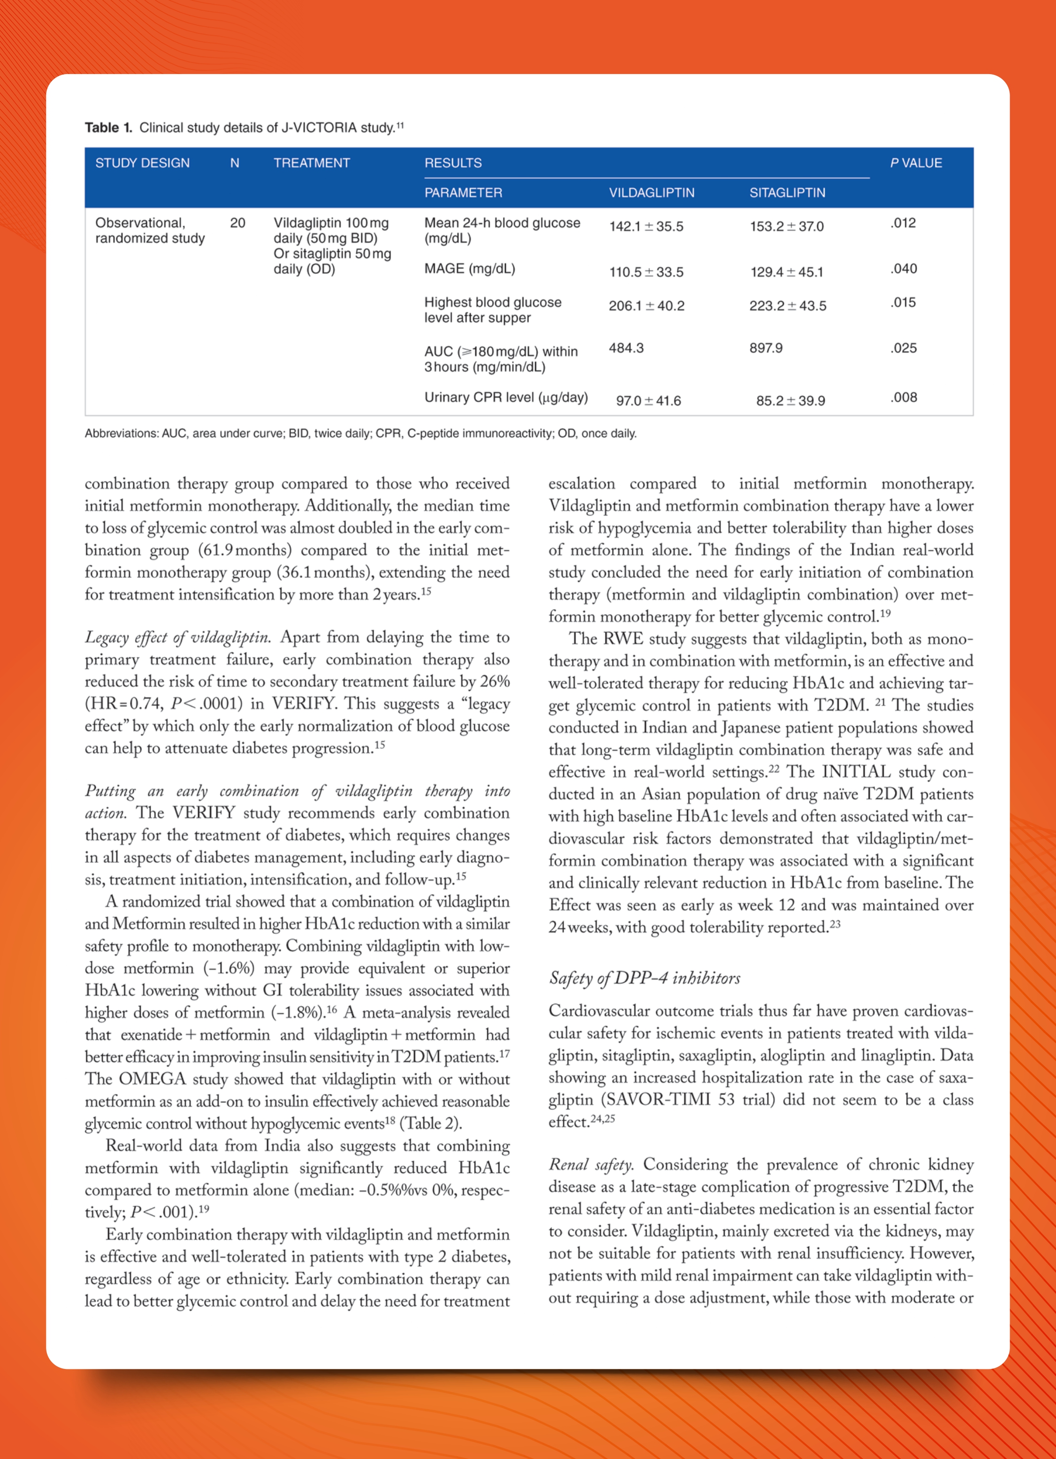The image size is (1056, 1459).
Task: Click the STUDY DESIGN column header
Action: tap(142, 163)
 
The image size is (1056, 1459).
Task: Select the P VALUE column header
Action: tap(916, 163)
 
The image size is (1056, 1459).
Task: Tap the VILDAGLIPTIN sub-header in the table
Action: tap(651, 192)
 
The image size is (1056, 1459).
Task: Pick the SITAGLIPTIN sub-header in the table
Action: tap(787, 192)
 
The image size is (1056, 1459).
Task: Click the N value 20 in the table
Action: tap(237, 222)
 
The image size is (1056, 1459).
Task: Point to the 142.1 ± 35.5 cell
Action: tap(646, 227)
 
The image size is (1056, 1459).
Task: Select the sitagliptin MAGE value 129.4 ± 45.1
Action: tap(787, 272)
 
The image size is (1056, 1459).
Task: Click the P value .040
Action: tap(903, 268)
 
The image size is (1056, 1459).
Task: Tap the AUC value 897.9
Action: tap(766, 348)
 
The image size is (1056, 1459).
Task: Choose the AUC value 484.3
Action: tap(626, 348)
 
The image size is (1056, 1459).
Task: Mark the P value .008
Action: tap(903, 397)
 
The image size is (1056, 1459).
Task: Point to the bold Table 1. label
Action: tap(108, 128)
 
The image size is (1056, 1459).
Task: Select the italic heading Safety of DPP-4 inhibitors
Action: tap(644, 978)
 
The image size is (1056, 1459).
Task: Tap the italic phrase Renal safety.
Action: tap(591, 1164)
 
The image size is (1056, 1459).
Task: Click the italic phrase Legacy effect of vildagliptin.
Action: tap(177, 637)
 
